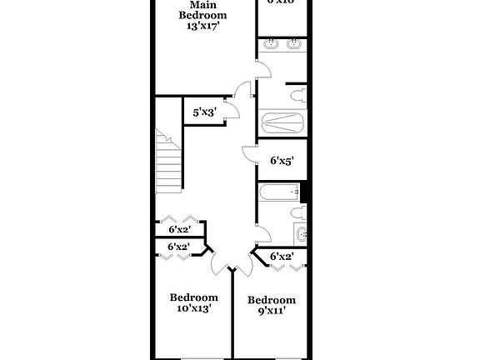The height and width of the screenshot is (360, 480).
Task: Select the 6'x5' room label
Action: (x=281, y=162)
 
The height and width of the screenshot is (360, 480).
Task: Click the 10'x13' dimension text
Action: (x=192, y=308)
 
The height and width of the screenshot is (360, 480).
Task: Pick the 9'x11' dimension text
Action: (x=271, y=312)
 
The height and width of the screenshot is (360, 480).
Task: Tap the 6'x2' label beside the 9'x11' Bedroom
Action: (x=282, y=257)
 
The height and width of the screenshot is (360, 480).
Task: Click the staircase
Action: (x=169, y=162)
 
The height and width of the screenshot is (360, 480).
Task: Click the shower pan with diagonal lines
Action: (x=284, y=124)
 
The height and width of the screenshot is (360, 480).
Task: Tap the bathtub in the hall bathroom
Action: (x=278, y=194)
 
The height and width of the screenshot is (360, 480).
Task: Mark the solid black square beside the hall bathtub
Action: (x=305, y=192)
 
